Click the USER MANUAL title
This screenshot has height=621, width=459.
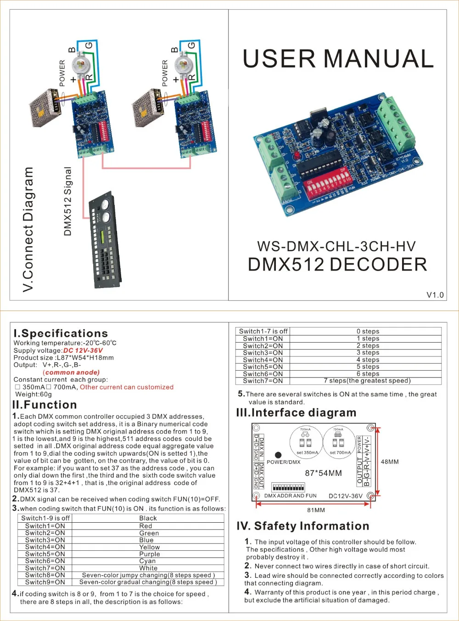pos(338,59)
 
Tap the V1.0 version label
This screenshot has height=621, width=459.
pos(435,295)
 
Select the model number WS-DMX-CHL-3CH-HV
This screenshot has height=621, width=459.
pos(336,246)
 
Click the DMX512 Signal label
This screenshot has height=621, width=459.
pos(68,201)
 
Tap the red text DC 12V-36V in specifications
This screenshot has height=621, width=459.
pos(83,350)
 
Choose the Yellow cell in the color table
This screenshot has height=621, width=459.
pos(149,547)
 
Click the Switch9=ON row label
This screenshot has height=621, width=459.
pos(45,582)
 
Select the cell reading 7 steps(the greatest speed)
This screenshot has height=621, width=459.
pos(367,381)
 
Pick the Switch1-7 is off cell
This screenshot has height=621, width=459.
pos(263,331)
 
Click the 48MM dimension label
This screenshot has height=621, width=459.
pos(390,462)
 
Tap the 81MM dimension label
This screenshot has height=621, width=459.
pos(316,510)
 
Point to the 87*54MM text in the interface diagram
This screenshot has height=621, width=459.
pos(323,473)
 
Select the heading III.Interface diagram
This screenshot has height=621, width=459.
pos(296,412)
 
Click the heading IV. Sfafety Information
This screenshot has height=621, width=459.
pos(302,526)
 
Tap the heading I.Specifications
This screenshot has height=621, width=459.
pos(61,333)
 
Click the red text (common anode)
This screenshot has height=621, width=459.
pos(71,373)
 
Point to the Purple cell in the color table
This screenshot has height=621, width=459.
pos(149,554)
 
